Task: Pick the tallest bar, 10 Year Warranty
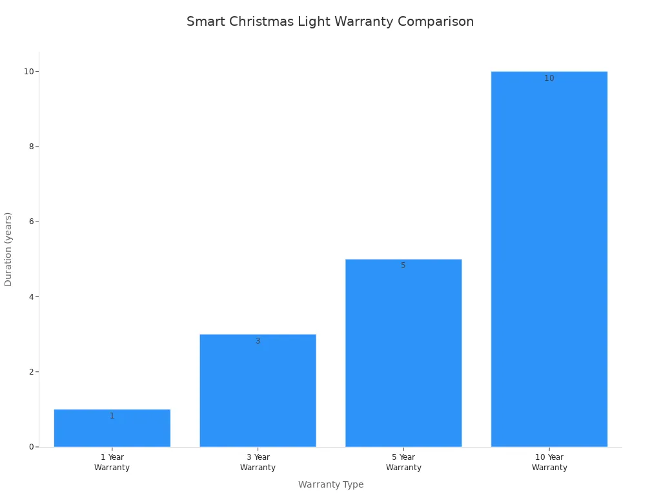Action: click(x=549, y=258)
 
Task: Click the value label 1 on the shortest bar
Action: click(x=112, y=416)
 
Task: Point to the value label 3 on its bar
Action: click(x=258, y=341)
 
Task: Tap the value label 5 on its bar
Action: click(x=403, y=265)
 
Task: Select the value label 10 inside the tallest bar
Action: click(x=549, y=78)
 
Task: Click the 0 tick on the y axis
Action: click(x=31, y=447)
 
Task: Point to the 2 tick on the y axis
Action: click(x=31, y=372)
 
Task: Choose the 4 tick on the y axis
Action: click(x=31, y=297)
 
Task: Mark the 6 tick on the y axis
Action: click(x=31, y=222)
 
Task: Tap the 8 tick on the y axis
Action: click(x=31, y=147)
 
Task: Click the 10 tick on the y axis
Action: click(x=29, y=72)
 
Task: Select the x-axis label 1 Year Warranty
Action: click(x=112, y=462)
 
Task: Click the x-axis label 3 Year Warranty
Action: click(x=258, y=462)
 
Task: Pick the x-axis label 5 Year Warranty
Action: click(x=403, y=462)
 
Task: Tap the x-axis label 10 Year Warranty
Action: click(x=549, y=462)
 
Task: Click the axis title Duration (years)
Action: click(x=8, y=249)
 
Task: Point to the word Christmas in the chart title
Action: click(x=261, y=22)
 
